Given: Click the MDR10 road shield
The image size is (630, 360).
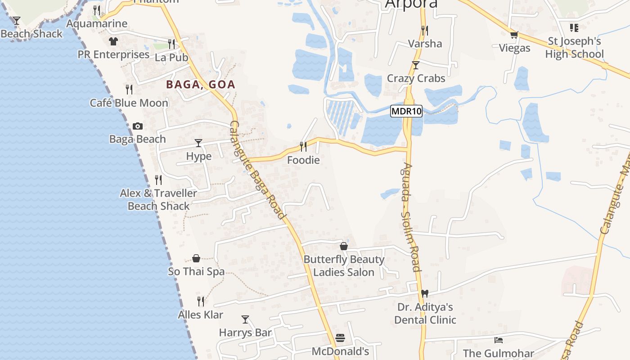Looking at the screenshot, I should coord(406,111).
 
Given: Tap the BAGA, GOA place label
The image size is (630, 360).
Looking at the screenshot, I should coord(201,84).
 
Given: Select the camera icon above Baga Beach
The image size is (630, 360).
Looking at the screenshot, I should coord(138,126).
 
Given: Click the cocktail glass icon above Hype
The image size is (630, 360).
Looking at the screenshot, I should coord(198,143).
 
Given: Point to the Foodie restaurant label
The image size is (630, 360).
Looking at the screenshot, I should coord(303,160).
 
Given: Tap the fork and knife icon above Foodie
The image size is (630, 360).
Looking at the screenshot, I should coord(303,147).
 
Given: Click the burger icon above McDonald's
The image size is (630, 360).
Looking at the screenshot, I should coord(340,338).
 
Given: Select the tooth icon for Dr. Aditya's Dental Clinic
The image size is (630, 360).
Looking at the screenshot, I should coord(424,294).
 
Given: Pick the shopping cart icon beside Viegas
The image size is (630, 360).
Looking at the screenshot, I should coord(514,35).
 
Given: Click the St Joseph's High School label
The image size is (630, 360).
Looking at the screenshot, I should coord(574,48).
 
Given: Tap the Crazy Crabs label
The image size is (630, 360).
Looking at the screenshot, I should coord(416,78).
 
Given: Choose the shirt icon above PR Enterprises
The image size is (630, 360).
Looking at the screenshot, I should coord(113,41).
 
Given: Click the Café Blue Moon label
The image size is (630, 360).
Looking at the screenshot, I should coord(129,103).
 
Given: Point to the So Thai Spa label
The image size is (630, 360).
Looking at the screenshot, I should coord(196,272).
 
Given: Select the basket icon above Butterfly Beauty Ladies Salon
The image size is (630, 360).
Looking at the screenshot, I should coord(344,246).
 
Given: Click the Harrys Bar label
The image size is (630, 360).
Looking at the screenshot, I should coord(245,333).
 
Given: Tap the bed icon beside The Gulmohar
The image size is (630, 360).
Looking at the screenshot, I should coord(498,340).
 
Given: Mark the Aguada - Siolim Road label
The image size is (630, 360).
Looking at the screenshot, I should coord(410,217).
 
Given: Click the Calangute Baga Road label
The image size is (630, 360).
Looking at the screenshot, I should coord(257,170).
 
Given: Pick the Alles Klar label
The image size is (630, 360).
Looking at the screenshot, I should coord(201,315).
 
